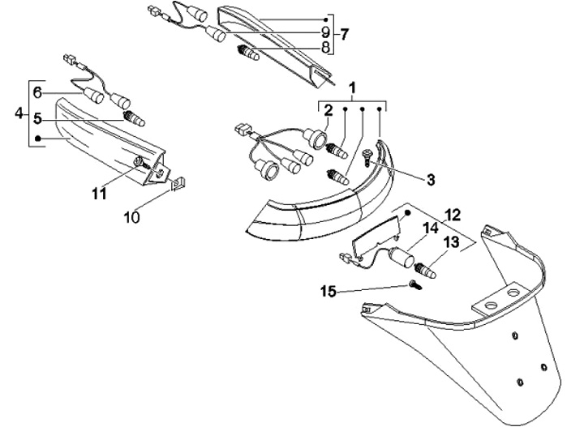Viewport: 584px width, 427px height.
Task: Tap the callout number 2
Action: [328, 110]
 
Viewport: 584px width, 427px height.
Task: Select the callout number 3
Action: [431, 178]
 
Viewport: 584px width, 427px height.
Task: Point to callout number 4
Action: [19, 113]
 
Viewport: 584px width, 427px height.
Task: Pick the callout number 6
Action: [36, 92]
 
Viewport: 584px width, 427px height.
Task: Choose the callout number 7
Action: [344, 34]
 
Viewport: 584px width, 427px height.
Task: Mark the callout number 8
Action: [325, 47]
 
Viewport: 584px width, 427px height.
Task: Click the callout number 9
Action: [325, 32]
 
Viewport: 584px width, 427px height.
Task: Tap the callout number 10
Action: [132, 216]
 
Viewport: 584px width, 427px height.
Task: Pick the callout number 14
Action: [430, 229]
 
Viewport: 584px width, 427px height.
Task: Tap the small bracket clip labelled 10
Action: [180, 188]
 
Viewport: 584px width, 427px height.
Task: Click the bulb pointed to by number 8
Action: [246, 51]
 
